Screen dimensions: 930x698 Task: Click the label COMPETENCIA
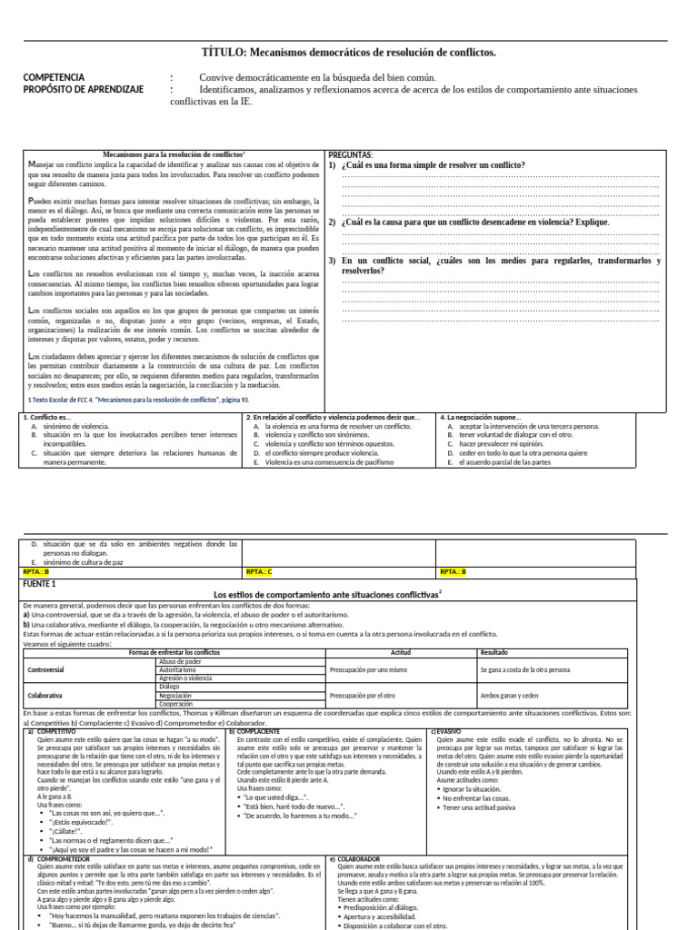tap(55, 78)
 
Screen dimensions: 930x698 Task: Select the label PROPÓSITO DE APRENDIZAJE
tap(81, 90)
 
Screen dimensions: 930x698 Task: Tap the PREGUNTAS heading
tap(351, 154)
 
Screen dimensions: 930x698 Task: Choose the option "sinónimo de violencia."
tap(77, 426)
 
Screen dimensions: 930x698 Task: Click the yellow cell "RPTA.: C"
tap(259, 572)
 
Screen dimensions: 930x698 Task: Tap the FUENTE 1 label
tap(41, 583)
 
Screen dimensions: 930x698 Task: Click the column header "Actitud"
tap(401, 652)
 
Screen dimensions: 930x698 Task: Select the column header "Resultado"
tap(495, 652)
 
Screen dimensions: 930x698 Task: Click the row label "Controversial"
tap(46, 669)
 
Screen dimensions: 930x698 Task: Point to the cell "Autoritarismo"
tap(177, 669)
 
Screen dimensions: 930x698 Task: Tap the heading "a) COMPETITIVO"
tap(53, 731)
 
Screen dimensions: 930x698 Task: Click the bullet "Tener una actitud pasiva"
tap(479, 807)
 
